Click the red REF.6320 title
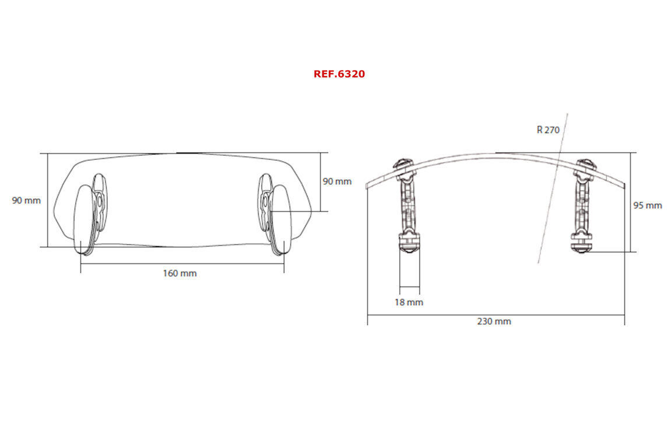click(339, 74)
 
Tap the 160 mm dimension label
click(180, 273)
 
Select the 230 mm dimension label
click(494, 321)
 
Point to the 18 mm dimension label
click(409, 302)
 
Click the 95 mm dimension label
click(648, 205)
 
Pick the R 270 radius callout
click(548, 129)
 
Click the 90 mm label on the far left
click(26, 201)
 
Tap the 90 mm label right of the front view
click(337, 181)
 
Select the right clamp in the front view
click(275, 214)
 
